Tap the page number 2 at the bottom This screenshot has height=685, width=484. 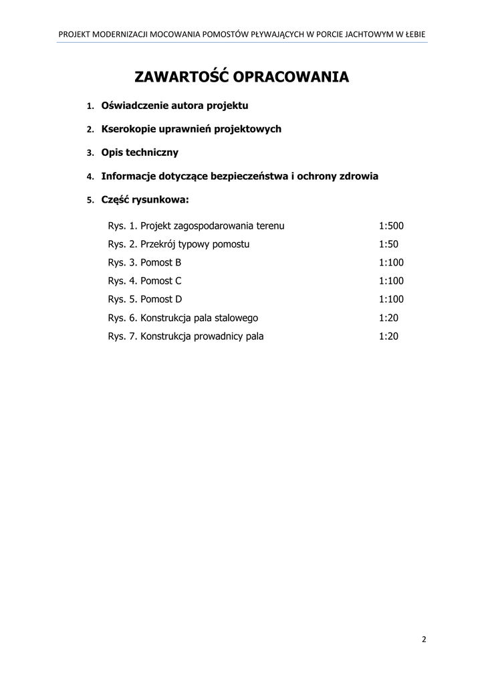(x=424, y=639)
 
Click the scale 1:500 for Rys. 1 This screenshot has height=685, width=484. (x=391, y=226)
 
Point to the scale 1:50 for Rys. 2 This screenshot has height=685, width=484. (x=388, y=244)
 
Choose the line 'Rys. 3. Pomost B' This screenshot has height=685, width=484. (x=144, y=263)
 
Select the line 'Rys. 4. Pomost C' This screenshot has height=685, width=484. (x=144, y=281)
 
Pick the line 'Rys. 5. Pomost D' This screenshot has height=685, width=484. (x=144, y=300)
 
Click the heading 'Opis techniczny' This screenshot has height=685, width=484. (x=140, y=153)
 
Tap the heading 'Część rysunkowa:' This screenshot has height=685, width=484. (x=145, y=199)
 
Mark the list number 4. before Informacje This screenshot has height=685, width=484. (x=90, y=177)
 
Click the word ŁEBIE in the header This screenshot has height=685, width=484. (x=413, y=33)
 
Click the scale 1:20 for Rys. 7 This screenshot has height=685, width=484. (x=388, y=336)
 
